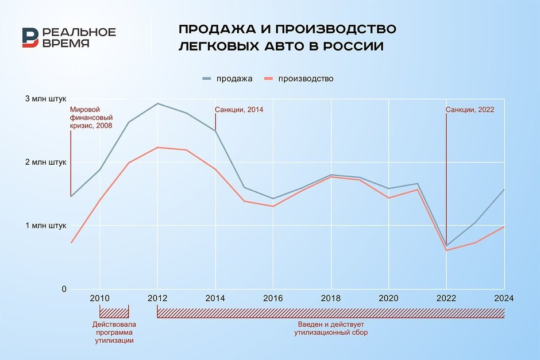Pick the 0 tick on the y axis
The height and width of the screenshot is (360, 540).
tap(65, 289)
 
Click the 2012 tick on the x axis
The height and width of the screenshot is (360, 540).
tap(157, 298)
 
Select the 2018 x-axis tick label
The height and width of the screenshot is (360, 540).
tap(331, 298)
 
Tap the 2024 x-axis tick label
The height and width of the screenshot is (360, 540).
tap(504, 298)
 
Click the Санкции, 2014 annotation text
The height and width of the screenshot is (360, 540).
tap(239, 109)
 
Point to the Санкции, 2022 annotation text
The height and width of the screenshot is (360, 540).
tap(470, 109)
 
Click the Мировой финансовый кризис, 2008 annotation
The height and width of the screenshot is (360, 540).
tap(91, 117)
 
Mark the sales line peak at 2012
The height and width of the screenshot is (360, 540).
tap(157, 103)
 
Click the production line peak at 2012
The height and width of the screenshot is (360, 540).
tap(157, 148)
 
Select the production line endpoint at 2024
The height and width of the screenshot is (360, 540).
tap(504, 227)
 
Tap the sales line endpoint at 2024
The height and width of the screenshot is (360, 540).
tap(504, 189)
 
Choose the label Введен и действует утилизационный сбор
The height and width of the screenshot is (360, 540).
tap(330, 328)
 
